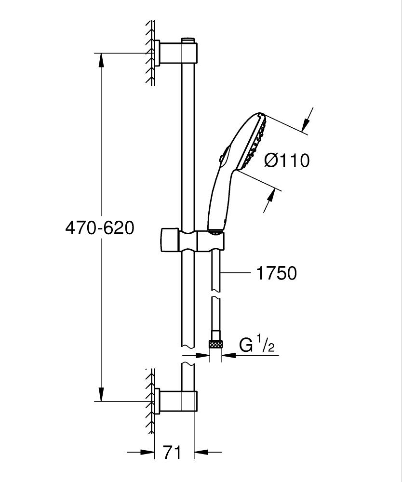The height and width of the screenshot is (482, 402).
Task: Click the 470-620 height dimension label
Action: [x=100, y=228]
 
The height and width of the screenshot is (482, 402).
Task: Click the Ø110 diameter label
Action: [x=287, y=160]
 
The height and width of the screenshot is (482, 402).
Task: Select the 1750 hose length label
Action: [x=276, y=273]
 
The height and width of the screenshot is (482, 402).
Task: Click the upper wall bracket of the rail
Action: [x=176, y=53]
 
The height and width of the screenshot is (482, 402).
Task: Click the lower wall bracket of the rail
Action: [x=176, y=401]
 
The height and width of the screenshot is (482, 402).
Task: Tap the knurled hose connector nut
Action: [x=215, y=345]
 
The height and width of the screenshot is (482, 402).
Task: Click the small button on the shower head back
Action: [x=220, y=158]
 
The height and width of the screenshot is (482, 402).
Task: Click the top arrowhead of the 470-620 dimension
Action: [x=101, y=59]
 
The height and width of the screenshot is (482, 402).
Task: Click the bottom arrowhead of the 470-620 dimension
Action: [x=101, y=394]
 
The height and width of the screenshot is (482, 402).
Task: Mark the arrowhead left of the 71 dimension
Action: [x=147, y=452]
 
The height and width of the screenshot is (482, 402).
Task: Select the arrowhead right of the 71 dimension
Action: [x=201, y=452]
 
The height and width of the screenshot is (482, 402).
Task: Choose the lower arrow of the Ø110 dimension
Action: [x=271, y=197]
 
